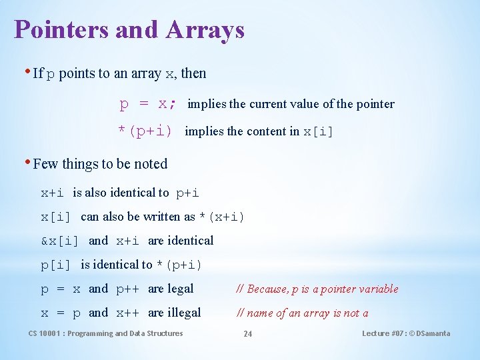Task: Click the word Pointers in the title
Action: (x=55, y=30)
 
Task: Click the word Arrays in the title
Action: (x=206, y=30)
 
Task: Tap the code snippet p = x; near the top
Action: (x=148, y=104)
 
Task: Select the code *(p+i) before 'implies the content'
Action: (x=145, y=131)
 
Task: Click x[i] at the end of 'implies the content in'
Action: (x=318, y=131)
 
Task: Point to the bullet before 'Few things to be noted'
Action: (x=27, y=162)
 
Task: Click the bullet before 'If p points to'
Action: (x=27, y=71)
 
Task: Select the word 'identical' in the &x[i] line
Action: (x=191, y=241)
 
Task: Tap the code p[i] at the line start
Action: (x=56, y=265)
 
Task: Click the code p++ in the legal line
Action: (x=128, y=289)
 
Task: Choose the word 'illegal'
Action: (x=184, y=313)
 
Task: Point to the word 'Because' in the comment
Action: (x=267, y=289)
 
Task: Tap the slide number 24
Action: (x=247, y=333)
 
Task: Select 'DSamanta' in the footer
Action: (x=433, y=333)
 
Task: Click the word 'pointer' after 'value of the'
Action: (x=375, y=104)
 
